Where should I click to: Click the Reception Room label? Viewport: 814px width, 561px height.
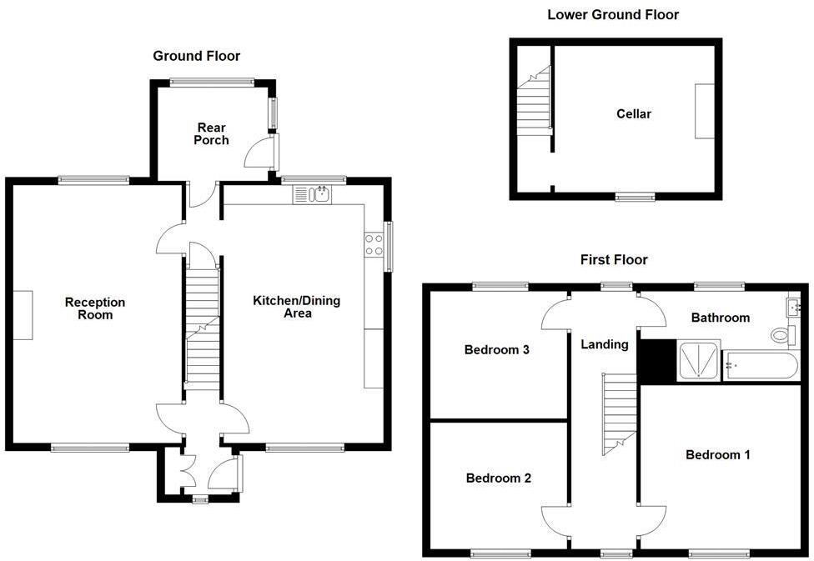point(95,308)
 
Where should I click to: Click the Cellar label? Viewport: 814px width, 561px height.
point(634,114)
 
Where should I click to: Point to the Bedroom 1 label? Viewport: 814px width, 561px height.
point(717,454)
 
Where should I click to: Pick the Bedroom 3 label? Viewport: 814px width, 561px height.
point(497,350)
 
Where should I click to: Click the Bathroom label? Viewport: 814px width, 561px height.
point(720,318)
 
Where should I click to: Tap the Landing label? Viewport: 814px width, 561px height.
point(604,344)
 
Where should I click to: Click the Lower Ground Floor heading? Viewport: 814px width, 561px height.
point(612,15)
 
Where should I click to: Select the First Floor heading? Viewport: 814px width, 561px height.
point(614,260)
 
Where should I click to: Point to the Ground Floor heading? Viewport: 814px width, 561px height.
point(196,56)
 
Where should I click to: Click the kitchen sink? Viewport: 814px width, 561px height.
point(317,195)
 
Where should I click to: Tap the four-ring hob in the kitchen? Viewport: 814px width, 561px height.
point(374,244)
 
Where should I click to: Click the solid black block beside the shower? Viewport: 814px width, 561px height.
point(656,360)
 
